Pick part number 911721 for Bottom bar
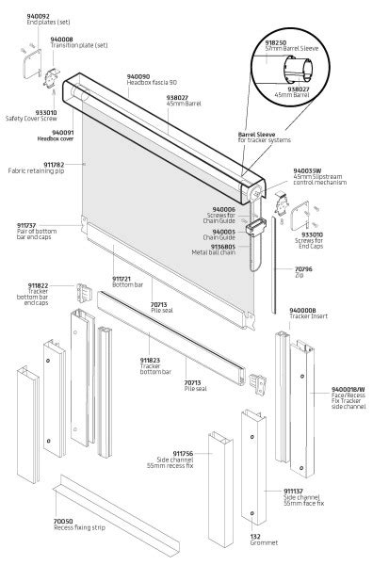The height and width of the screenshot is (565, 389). pos(122,279)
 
